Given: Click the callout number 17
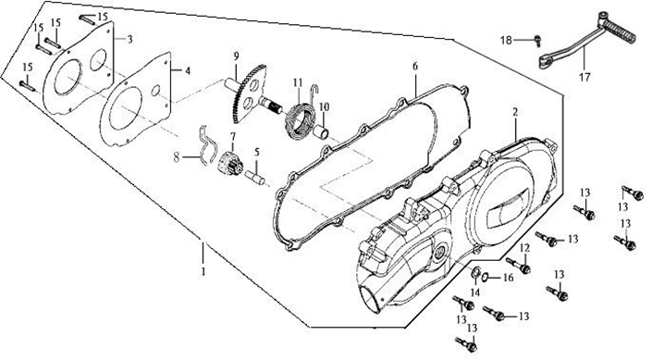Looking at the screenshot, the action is (584, 77).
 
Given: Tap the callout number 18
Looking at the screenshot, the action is (506, 41).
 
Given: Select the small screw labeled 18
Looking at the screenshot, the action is (537, 40).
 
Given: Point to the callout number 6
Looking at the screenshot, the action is (415, 67).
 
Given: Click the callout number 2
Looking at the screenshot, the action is (515, 112).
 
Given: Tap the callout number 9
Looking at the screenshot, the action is (236, 56).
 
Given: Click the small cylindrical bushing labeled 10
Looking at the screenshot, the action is (321, 131).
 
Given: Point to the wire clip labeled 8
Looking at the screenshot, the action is (206, 144).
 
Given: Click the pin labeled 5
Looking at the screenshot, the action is (254, 177).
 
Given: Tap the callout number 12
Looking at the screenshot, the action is (524, 248).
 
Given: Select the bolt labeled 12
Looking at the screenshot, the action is (518, 265).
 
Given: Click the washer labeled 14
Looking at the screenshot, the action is (474, 272).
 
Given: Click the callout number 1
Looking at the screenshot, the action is (203, 271).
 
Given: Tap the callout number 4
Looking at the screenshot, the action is (188, 71).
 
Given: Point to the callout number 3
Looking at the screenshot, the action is (129, 40).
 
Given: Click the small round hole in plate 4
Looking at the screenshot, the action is (155, 91).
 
